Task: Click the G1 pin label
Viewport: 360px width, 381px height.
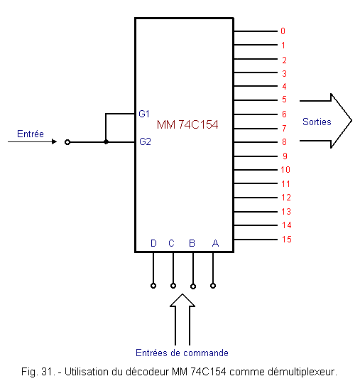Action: click(x=144, y=114)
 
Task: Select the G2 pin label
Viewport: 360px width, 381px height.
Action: click(x=145, y=141)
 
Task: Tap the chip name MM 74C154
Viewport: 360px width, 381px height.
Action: click(x=187, y=124)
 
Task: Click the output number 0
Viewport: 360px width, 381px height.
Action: click(x=283, y=31)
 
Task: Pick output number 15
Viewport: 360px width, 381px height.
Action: click(x=287, y=239)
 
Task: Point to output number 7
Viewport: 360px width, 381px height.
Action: click(x=284, y=128)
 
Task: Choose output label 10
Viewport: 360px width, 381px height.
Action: click(x=285, y=169)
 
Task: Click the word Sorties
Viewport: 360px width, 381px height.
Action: click(x=317, y=122)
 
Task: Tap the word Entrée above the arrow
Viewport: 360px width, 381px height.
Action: click(x=31, y=134)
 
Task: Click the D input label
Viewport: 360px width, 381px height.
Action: click(x=153, y=243)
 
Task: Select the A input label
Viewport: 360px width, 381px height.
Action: click(x=215, y=243)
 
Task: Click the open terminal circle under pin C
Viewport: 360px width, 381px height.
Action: click(x=173, y=286)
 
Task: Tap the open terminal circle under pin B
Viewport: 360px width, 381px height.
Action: click(x=193, y=286)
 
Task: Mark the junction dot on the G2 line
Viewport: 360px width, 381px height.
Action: click(x=106, y=141)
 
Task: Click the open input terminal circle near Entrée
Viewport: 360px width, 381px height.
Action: click(x=67, y=142)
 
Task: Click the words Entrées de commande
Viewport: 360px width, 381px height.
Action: click(x=182, y=353)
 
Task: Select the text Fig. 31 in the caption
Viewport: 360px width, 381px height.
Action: click(x=38, y=372)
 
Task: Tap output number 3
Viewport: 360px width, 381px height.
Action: click(x=284, y=73)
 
